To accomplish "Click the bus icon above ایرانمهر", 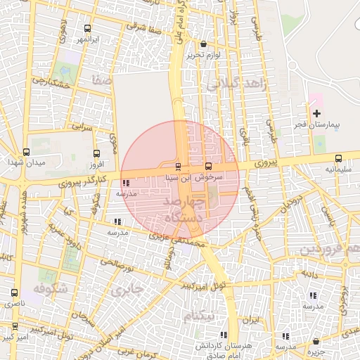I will point(86,29).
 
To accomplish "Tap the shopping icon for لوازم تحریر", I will point(204,44).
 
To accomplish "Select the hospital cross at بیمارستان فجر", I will point(316,113).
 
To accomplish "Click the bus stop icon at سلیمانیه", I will point(338,158).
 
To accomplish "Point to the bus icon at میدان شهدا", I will point(26,152).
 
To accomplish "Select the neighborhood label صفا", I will point(101,82).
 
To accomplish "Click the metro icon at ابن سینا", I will point(177,167).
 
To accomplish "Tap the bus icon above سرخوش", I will point(207,167).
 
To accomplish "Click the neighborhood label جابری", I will point(127,288).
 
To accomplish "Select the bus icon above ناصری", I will point(14,292).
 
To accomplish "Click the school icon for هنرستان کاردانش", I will point(223,335).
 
